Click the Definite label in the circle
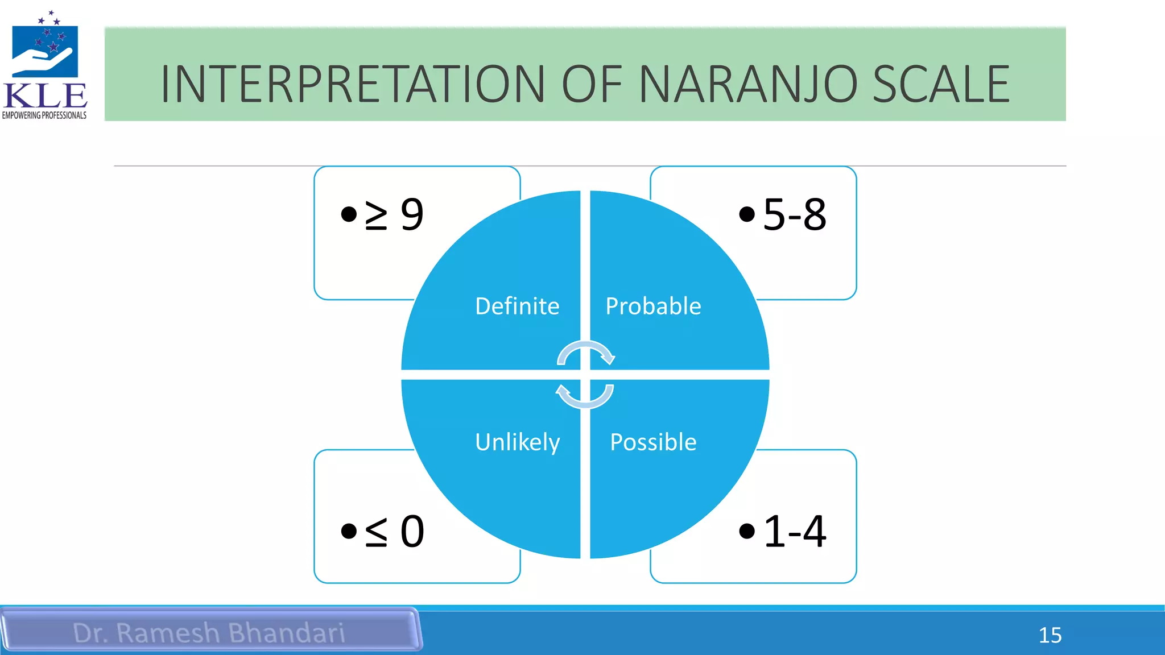pyautogui.click(x=517, y=306)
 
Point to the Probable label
pyautogui.click(x=653, y=306)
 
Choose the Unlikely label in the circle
pyautogui.click(x=517, y=442)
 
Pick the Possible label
pyautogui.click(x=653, y=442)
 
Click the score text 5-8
pyautogui.click(x=794, y=215)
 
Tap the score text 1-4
pyautogui.click(x=794, y=532)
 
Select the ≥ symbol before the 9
pyautogui.click(x=376, y=215)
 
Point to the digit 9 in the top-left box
pyautogui.click(x=412, y=215)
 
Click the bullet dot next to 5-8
pyautogui.click(x=746, y=214)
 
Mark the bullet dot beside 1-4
pyautogui.click(x=746, y=531)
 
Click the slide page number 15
pyautogui.click(x=1050, y=635)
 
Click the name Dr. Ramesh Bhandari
pyautogui.click(x=209, y=633)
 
